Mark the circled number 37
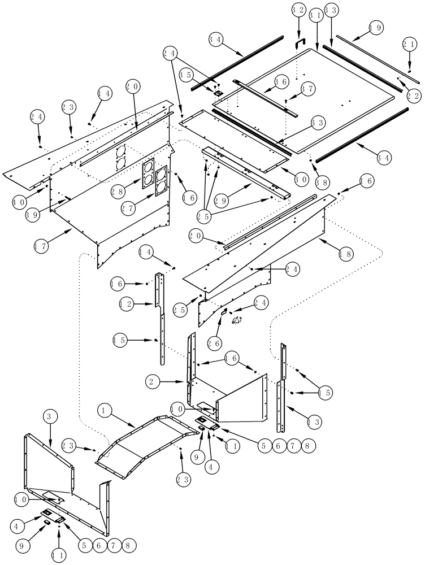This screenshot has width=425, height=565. tap(307, 89)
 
